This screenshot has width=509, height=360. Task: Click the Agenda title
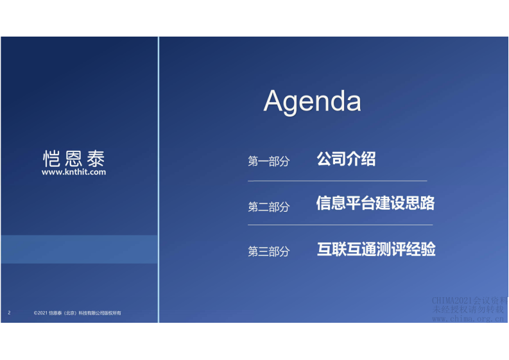pyautogui.click(x=312, y=102)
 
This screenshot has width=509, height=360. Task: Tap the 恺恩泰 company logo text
pyautogui.click(x=74, y=159)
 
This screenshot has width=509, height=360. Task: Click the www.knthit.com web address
pyautogui.click(x=74, y=172)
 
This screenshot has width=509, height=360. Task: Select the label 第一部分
pyautogui.click(x=269, y=162)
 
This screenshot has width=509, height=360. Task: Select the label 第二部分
pyautogui.click(x=269, y=207)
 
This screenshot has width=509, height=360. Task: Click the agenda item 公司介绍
pyautogui.click(x=346, y=159)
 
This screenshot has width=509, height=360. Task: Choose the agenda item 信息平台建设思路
pyautogui.click(x=375, y=203)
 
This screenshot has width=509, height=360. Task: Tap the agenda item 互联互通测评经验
pyautogui.click(x=376, y=249)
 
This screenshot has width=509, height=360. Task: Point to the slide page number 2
pyautogui.click(x=10, y=313)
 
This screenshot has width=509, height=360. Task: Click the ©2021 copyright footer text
pyautogui.click(x=77, y=313)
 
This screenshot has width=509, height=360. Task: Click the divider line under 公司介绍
pyautogui.click(x=337, y=181)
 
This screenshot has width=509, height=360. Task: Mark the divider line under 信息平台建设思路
pyautogui.click(x=340, y=225)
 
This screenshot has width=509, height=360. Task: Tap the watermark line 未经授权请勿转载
pyautogui.click(x=469, y=309)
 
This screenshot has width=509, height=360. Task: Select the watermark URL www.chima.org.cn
pyautogui.click(x=469, y=318)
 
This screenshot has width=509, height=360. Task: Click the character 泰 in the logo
pyautogui.click(x=94, y=159)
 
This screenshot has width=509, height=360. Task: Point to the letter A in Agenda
pyautogui.click(x=274, y=102)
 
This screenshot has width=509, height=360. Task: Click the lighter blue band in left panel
pyautogui.click(x=79, y=249)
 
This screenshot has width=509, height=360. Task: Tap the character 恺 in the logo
pyautogui.click(x=52, y=159)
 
